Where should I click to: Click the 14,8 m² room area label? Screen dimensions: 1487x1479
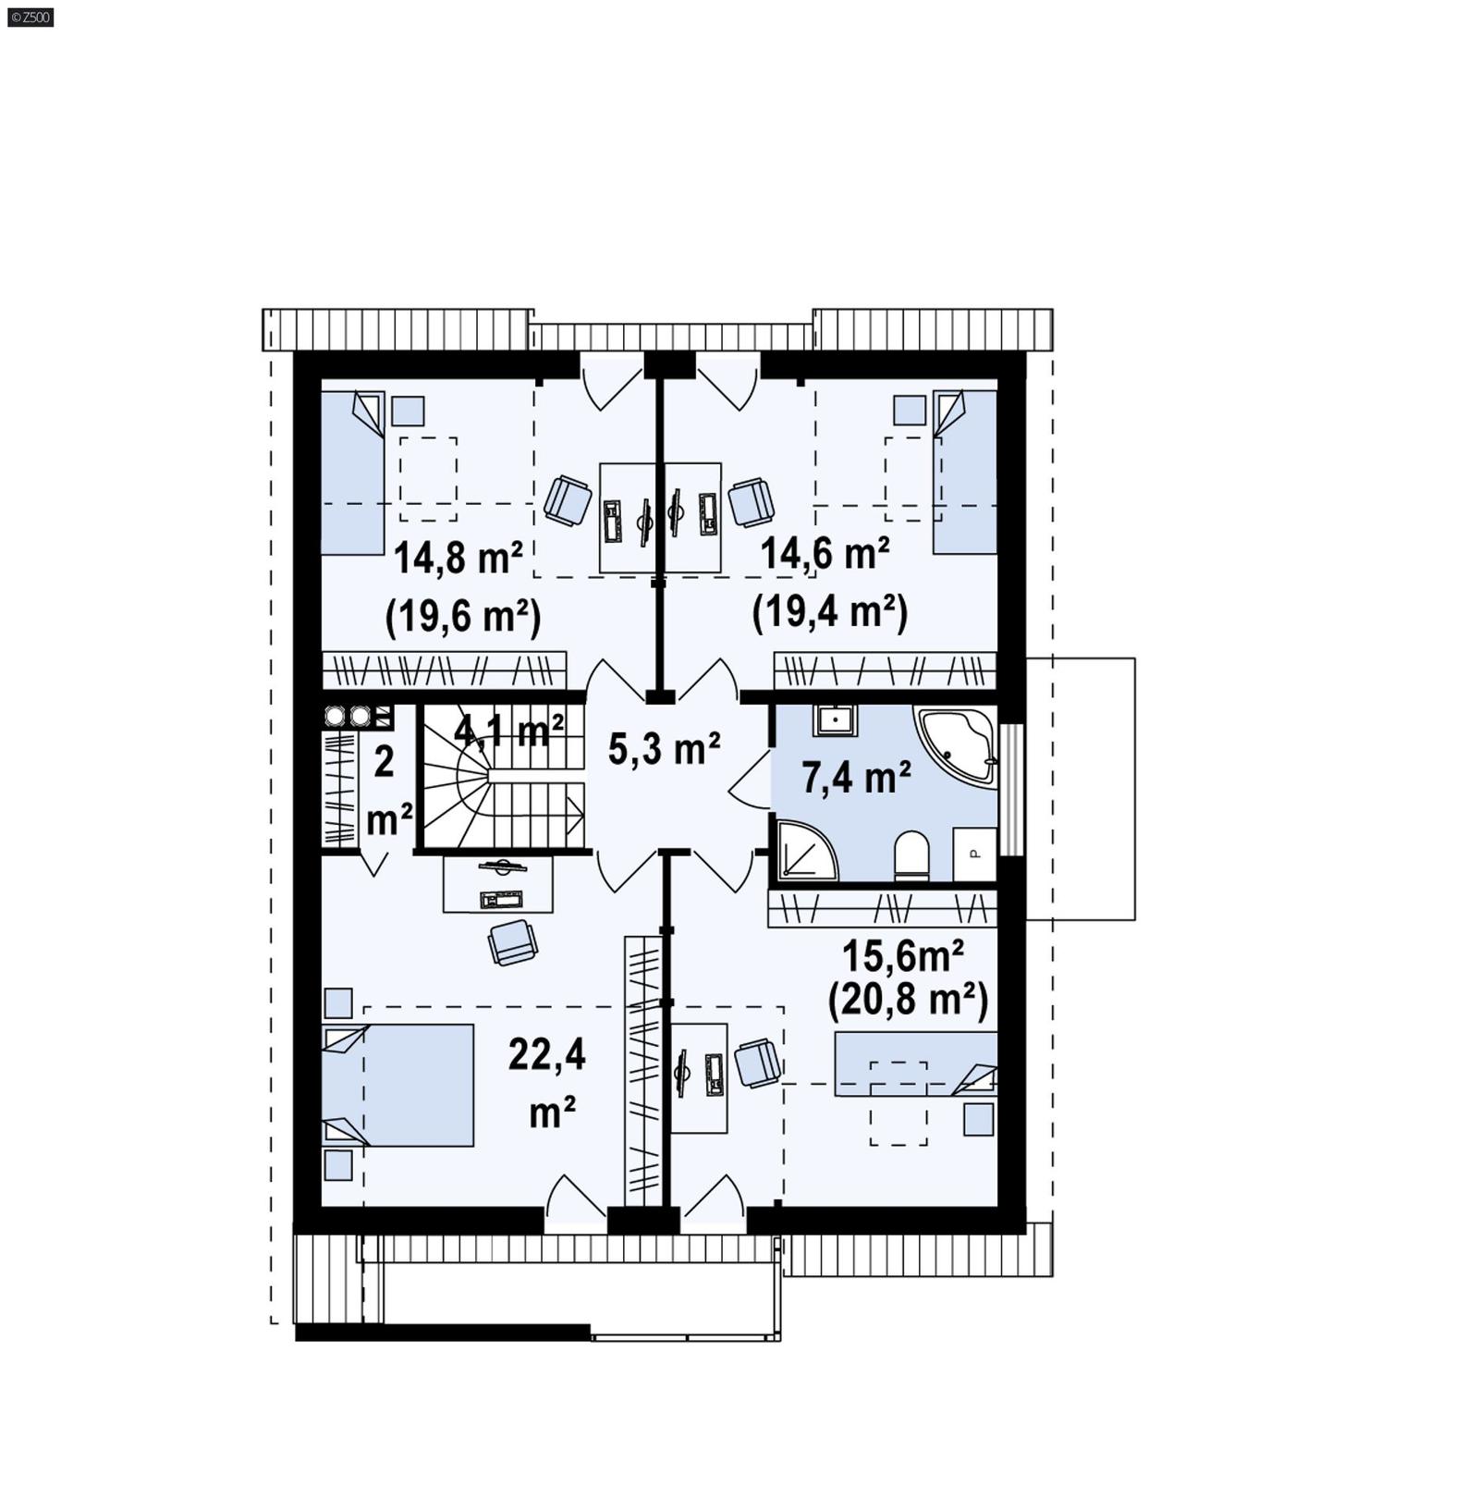click(x=458, y=559)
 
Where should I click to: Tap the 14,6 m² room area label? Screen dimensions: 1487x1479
click(x=825, y=555)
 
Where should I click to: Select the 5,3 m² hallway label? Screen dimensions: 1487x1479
click(x=664, y=749)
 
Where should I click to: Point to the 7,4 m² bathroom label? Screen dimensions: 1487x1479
click(x=856, y=778)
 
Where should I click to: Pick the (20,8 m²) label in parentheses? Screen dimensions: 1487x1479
click(x=908, y=999)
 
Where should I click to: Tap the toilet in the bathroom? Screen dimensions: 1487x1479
click(x=911, y=854)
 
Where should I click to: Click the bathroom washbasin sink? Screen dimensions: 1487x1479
click(x=835, y=720)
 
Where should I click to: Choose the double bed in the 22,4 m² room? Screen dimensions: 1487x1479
click(x=399, y=1084)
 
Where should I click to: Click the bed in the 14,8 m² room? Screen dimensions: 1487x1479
click(x=352, y=472)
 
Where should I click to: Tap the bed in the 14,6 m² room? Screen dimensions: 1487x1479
click(x=965, y=472)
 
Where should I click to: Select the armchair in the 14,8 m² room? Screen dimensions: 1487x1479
click(x=568, y=500)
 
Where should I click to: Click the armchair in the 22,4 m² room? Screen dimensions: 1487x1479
click(x=512, y=942)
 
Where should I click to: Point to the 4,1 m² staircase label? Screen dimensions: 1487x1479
click(x=508, y=731)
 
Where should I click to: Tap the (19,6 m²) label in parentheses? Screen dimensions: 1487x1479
click(x=462, y=615)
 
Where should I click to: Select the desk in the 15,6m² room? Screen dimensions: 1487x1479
click(x=700, y=1077)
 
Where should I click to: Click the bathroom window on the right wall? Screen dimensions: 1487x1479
click(x=1015, y=789)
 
